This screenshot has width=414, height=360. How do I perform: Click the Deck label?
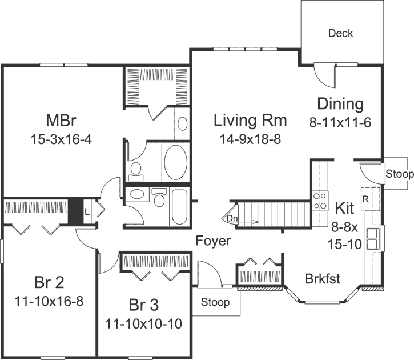coord(340,33)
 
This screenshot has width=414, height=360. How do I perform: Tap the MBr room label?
coord(61,121)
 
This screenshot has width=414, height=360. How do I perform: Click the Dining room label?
coord(340,104)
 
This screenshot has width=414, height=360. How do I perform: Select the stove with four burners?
coord(320,201)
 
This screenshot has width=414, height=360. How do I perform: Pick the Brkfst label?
coord(322,279)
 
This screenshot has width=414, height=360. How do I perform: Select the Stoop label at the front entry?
coord(215,302)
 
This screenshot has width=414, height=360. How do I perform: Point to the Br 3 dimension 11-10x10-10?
coord(143,324)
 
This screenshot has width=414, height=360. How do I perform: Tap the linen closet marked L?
coord(86,211)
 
